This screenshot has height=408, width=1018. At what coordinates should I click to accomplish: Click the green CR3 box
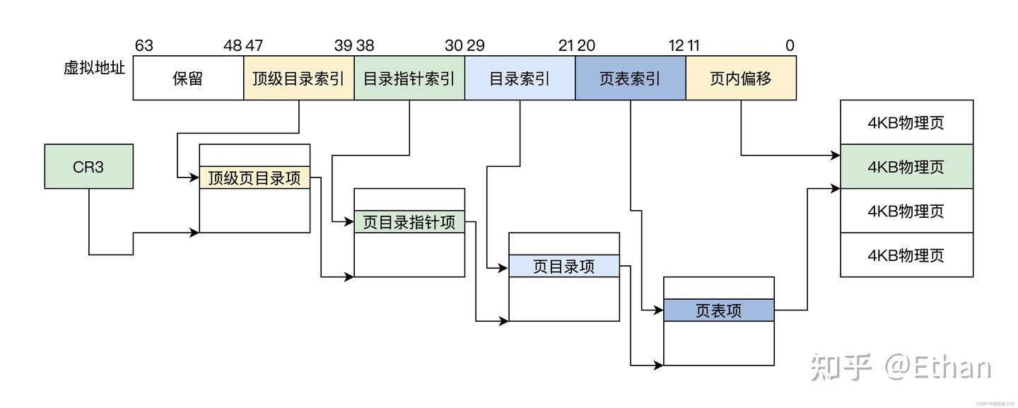click(x=88, y=167)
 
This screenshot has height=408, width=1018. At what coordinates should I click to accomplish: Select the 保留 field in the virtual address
click(x=188, y=78)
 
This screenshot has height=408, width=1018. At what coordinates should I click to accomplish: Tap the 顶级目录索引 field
click(x=298, y=78)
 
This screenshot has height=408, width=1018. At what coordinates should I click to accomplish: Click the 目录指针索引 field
click(x=409, y=78)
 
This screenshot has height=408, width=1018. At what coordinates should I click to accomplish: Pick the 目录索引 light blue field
click(x=520, y=78)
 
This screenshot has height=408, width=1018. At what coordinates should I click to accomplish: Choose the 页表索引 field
click(x=630, y=78)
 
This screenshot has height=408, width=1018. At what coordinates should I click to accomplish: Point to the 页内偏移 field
click(x=741, y=78)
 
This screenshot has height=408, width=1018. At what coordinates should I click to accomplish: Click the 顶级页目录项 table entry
click(x=255, y=177)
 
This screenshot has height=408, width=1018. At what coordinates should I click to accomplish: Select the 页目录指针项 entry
click(x=409, y=222)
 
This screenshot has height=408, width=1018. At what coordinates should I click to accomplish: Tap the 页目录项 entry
click(x=564, y=266)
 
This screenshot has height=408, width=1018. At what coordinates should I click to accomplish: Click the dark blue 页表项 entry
click(x=719, y=310)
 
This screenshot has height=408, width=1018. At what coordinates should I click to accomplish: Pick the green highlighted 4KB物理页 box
click(x=906, y=167)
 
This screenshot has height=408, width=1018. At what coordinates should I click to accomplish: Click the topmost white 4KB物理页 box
click(x=906, y=122)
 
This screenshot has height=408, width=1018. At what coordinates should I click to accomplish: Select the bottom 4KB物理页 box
click(x=906, y=255)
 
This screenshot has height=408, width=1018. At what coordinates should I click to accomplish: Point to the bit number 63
click(x=144, y=46)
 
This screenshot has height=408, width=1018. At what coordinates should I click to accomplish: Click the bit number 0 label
click(x=790, y=46)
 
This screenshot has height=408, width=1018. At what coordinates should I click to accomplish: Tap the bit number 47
click(x=255, y=46)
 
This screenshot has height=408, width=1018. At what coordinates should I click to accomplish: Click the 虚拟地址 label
click(x=94, y=69)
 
